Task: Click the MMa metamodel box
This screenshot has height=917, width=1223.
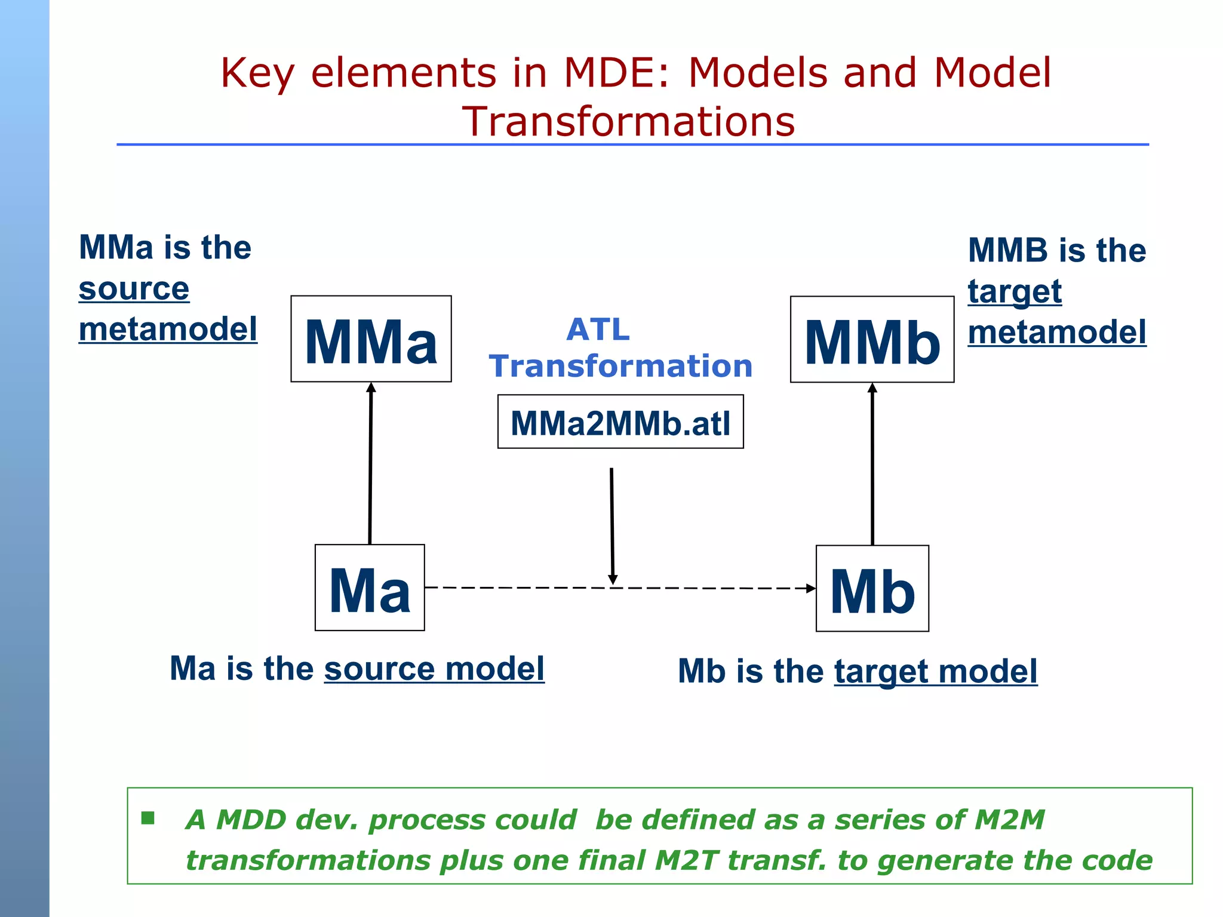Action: [371, 339]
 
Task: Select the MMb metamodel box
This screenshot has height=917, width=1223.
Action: [872, 340]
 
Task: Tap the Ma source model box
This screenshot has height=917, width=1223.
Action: [370, 588]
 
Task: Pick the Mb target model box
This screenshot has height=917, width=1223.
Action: [872, 589]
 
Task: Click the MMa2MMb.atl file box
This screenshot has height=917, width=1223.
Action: [620, 422]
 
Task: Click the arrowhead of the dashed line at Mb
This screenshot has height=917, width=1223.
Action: [811, 589]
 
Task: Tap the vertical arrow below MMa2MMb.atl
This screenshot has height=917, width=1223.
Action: [612, 525]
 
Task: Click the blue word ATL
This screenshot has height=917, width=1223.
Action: [598, 330]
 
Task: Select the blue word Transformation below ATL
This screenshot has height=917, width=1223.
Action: [620, 366]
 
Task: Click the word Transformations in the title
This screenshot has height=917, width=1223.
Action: [628, 122]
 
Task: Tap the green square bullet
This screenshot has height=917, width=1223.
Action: [148, 818]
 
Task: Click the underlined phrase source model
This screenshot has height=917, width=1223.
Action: [434, 669]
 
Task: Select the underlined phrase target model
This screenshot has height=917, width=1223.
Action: [935, 672]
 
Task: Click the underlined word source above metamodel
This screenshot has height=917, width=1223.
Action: [134, 290]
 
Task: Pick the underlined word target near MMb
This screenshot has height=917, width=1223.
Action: [1015, 293]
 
